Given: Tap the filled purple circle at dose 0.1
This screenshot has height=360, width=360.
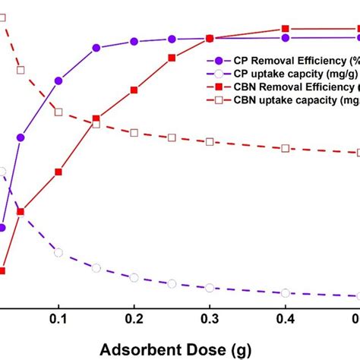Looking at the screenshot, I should click(58, 80).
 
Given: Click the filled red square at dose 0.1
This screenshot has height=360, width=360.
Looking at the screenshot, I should click(58, 172).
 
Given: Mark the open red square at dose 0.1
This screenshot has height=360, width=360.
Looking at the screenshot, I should click(58, 112).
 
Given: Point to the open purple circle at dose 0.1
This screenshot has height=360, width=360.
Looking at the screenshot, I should click(58, 252).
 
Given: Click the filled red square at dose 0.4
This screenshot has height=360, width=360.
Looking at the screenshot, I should click(285, 30).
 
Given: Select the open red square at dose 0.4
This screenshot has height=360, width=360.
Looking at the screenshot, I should click(285, 148).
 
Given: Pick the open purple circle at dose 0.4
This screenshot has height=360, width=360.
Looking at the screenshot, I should click(285, 292).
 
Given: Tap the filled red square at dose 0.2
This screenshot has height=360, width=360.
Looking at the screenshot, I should click(134, 90).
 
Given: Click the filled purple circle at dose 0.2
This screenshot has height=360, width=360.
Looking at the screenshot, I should click(134, 41).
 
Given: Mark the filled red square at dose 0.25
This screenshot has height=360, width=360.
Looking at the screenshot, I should click(172, 58).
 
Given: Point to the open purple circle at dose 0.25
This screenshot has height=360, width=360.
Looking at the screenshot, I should click(172, 283).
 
